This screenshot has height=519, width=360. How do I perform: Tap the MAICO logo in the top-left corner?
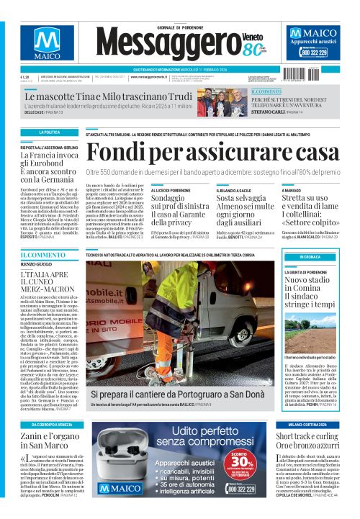coord(48,46)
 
